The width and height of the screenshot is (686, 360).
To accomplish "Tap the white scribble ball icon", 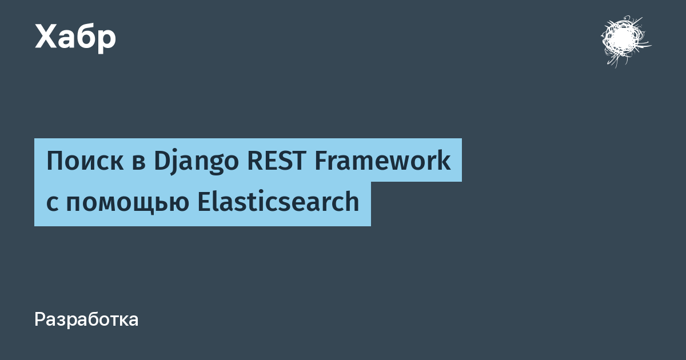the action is click(x=625, y=41).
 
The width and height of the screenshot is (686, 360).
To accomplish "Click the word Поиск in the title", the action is click(x=85, y=161).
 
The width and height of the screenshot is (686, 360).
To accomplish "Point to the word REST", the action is click(x=277, y=161).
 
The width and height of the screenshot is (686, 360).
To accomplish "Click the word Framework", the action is click(x=383, y=160).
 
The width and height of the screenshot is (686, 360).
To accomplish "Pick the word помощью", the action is click(x=127, y=203).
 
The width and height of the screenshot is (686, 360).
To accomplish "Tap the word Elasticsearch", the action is click(x=278, y=201).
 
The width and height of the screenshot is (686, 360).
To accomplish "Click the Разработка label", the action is click(x=86, y=320).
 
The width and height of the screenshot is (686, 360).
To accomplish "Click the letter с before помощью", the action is click(x=52, y=203).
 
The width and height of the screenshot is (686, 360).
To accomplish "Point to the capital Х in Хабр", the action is click(x=46, y=37).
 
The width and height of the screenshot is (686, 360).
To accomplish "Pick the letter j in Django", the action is click(x=175, y=163).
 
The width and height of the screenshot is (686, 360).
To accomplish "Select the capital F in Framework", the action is click(x=322, y=161).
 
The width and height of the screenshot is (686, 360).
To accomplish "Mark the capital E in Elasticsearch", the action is click(x=205, y=201).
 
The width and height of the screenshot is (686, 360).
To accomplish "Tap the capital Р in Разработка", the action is click(x=41, y=320).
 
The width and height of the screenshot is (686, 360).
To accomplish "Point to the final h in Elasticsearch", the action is click(x=352, y=201).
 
